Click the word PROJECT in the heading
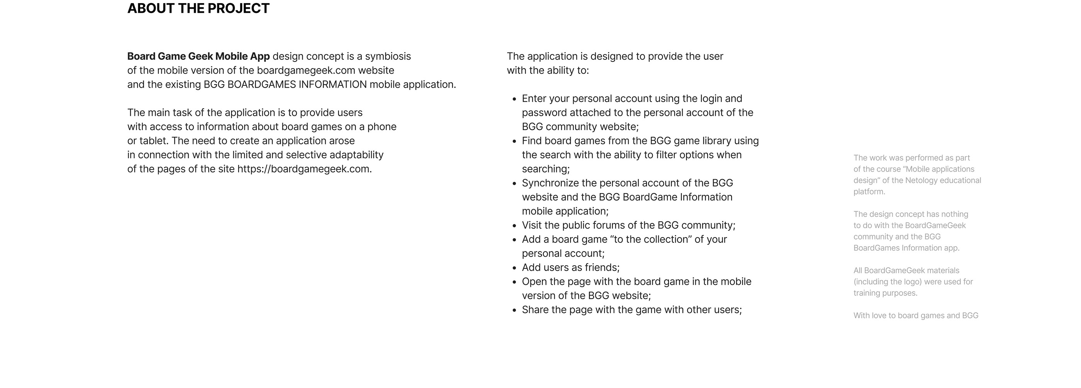pyautogui.click(x=238, y=8)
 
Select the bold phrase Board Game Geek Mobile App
pyautogui.click(x=198, y=56)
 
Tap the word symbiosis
pyautogui.click(x=388, y=56)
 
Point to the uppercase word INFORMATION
pyautogui.click(x=332, y=84)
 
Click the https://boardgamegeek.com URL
pyautogui.click(x=303, y=169)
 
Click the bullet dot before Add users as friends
pyautogui.click(x=515, y=268)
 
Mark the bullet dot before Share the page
pyautogui.click(x=515, y=310)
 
